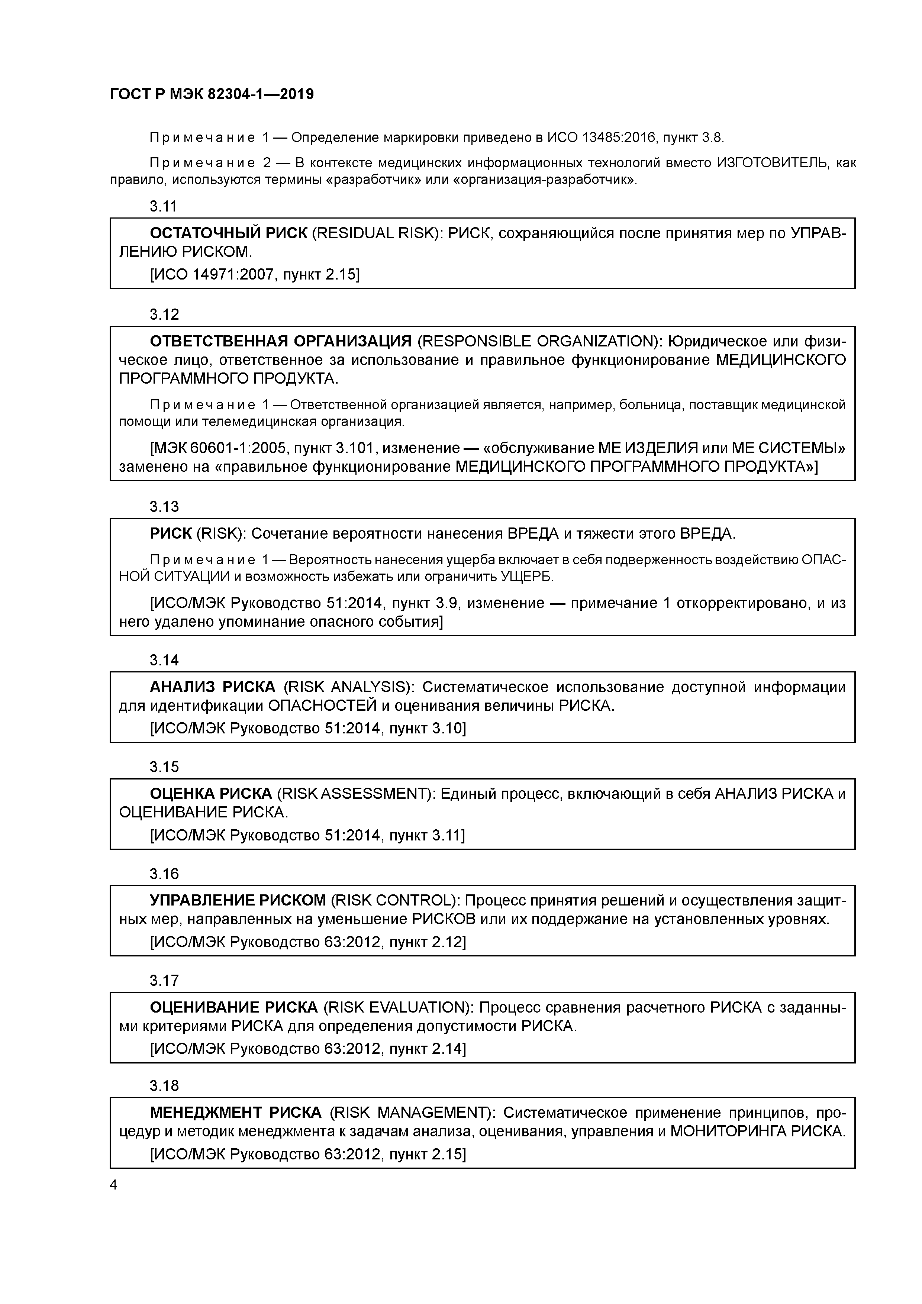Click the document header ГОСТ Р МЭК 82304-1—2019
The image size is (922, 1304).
coord(211,94)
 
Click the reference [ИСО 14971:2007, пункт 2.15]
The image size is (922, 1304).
coord(255,275)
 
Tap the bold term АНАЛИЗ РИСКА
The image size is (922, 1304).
coord(212,687)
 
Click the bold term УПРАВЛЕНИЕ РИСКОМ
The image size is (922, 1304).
coord(238,901)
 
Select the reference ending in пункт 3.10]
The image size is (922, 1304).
coord(307,728)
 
